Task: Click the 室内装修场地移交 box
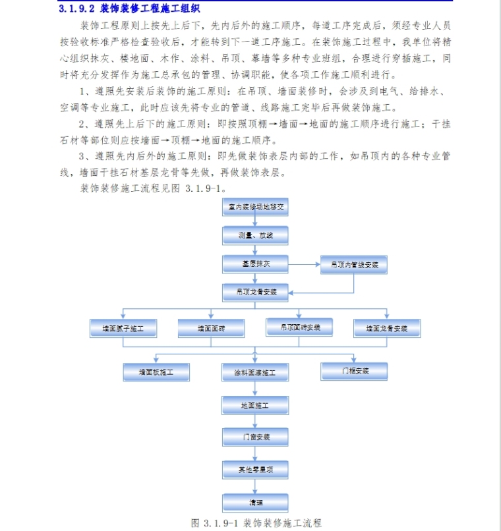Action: (255, 207)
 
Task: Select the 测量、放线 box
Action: (255, 235)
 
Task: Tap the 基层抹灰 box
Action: (255, 264)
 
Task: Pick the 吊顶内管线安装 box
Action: (354, 265)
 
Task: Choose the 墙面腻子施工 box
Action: (123, 327)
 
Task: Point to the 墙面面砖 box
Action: (211, 327)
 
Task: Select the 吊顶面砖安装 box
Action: (299, 327)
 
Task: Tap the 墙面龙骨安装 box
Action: (387, 327)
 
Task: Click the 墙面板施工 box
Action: (156, 372)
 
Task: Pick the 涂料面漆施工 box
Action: (255, 373)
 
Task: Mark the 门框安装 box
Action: (354, 371)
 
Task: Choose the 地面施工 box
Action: (255, 405)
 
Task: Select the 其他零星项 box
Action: (255, 470)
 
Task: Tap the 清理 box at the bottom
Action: (255, 502)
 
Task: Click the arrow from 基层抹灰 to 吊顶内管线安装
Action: (304, 265)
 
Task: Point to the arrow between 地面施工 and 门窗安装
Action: (255, 421)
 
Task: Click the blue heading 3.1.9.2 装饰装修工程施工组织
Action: (129, 9)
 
